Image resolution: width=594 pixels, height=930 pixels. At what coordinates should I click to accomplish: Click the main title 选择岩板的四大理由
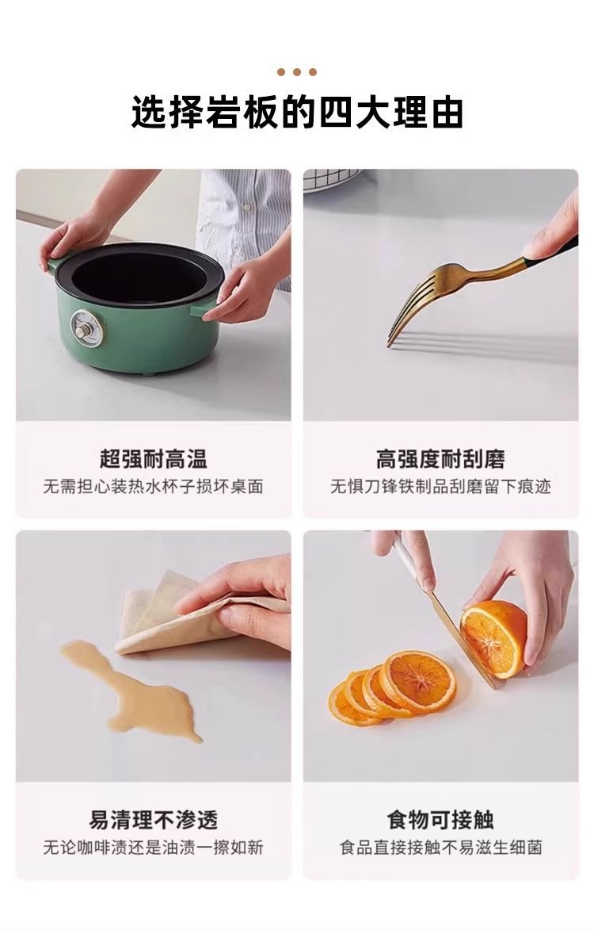click(297, 112)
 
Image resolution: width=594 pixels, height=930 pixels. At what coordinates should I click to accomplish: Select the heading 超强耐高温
click(153, 458)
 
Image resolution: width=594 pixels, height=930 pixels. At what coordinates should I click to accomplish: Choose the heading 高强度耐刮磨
click(440, 458)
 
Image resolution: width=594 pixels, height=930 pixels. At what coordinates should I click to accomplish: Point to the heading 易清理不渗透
click(154, 820)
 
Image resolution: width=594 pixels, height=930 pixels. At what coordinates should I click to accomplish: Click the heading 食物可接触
click(440, 820)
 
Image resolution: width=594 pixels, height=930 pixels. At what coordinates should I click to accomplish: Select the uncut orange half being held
click(493, 637)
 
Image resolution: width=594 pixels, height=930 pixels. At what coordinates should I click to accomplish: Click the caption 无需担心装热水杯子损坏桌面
click(153, 487)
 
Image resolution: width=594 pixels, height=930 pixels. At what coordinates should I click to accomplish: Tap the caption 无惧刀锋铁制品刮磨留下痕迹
click(440, 487)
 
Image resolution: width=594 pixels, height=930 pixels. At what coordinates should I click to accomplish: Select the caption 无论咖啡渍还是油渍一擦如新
click(153, 847)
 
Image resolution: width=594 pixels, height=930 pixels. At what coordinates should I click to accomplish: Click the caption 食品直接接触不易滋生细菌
click(440, 847)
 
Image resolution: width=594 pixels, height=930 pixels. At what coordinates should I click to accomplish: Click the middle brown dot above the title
click(297, 72)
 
